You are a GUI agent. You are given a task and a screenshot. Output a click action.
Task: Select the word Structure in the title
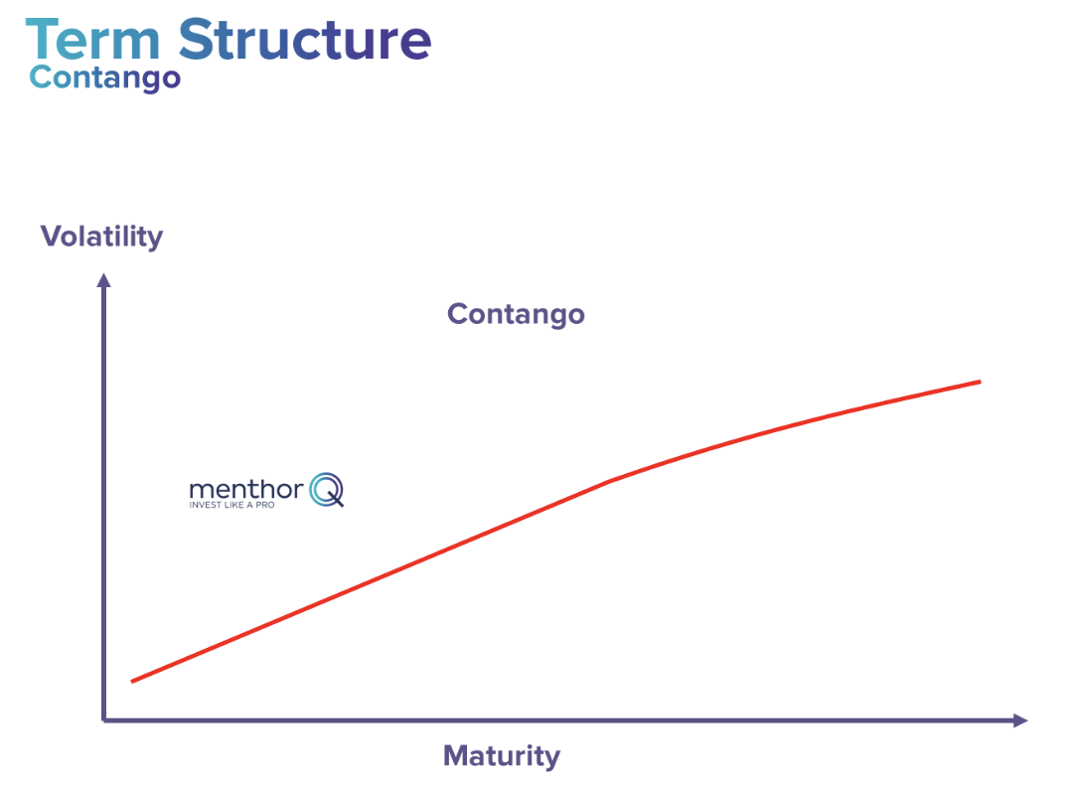pyautogui.click(x=304, y=40)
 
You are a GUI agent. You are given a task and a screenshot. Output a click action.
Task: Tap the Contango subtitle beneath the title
pyautogui.click(x=105, y=77)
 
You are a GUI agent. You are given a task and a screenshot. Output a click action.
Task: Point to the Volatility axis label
pyautogui.click(x=101, y=237)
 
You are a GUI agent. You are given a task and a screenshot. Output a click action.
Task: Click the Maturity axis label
pyautogui.click(x=501, y=755)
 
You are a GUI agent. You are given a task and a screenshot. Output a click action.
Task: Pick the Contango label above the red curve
pyautogui.click(x=516, y=314)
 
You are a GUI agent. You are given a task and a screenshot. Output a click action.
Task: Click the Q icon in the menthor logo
pyautogui.click(x=326, y=490)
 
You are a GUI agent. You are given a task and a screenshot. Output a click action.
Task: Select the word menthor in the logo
pyautogui.click(x=245, y=489)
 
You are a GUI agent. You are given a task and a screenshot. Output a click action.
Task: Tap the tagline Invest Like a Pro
pyautogui.click(x=232, y=505)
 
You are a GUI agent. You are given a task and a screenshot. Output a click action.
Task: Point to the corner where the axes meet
pyautogui.click(x=104, y=719)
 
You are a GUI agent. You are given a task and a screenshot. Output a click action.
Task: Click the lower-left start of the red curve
pyautogui.click(x=133, y=681)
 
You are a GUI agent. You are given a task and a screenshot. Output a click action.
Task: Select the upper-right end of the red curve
pyautogui.click(x=980, y=381)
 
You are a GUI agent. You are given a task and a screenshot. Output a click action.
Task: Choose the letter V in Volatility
pyautogui.click(x=51, y=237)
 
